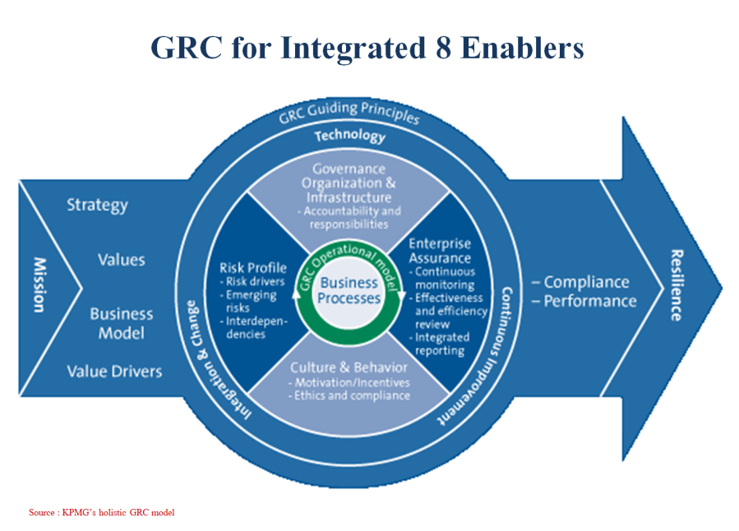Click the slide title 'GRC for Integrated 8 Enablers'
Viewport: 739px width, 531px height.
tap(367, 47)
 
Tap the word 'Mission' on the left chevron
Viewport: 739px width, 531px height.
tap(39, 284)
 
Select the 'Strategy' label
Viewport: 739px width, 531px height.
tap(97, 204)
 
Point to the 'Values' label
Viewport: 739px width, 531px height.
tap(121, 260)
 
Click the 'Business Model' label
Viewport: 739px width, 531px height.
tap(121, 323)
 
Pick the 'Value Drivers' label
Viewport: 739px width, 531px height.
tap(114, 372)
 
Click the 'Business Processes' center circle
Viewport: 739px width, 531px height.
tap(349, 290)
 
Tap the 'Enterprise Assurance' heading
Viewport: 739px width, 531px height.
tap(441, 252)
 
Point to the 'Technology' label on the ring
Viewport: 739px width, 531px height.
tap(349, 136)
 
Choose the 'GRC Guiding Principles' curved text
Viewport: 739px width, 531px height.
tap(349, 114)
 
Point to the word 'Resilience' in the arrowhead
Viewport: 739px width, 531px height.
tap(677, 284)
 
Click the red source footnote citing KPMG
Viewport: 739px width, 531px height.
tap(102, 512)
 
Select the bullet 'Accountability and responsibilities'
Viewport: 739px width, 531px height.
tap(349, 217)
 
